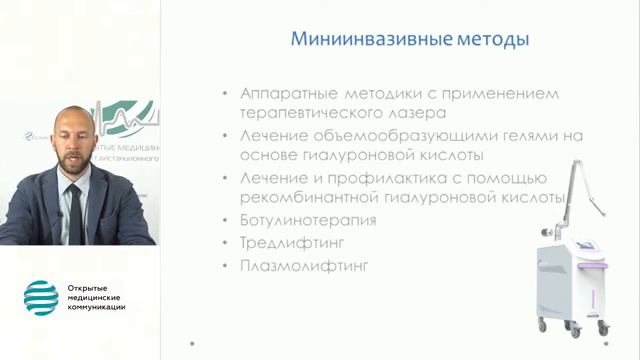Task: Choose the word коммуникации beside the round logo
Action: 98,307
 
